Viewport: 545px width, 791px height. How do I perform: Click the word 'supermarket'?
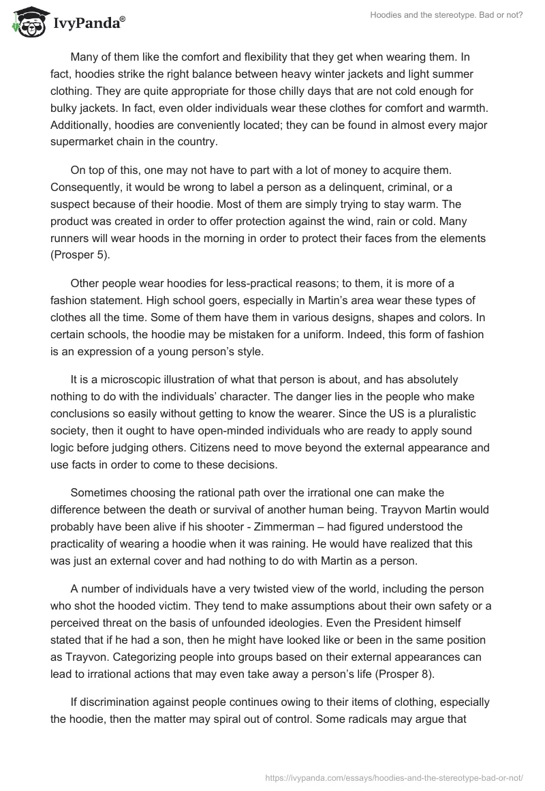point(84,142)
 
